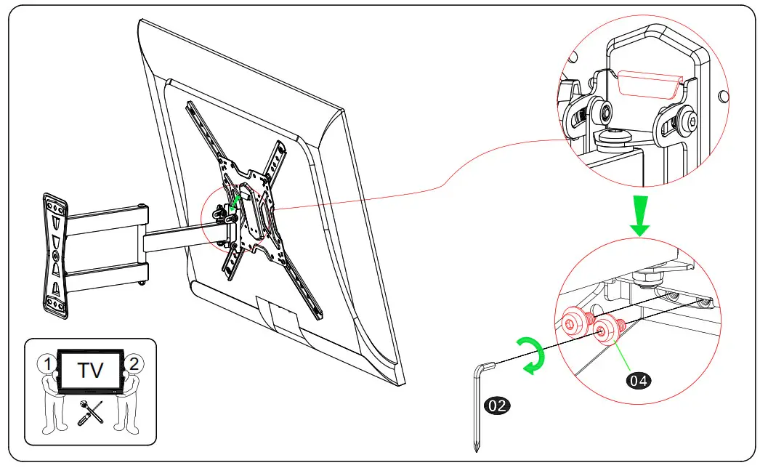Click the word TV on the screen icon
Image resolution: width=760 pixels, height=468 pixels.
click(x=91, y=371)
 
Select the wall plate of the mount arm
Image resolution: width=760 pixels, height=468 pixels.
click(x=56, y=256)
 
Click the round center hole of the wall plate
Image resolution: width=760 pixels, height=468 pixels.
click(x=57, y=257)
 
